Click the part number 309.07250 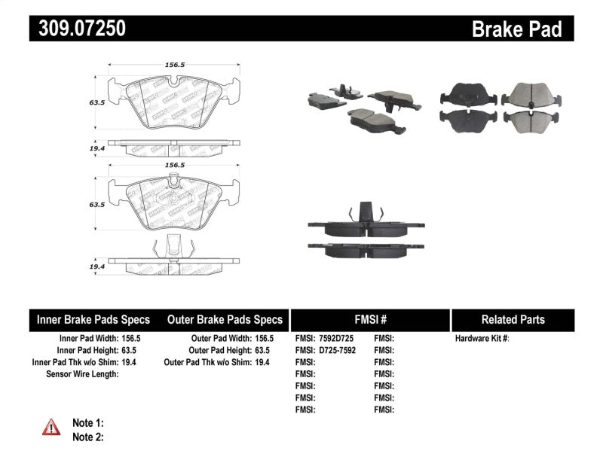click(78, 29)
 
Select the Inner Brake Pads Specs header click(93, 319)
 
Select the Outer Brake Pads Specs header click(225, 319)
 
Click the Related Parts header click(513, 319)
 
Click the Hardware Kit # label click(482, 339)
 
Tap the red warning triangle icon click(51, 428)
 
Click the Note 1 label click(87, 423)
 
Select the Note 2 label click(87, 436)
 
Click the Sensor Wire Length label click(82, 373)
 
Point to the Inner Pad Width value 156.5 click(130, 339)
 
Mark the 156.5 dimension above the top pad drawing click(174, 65)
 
